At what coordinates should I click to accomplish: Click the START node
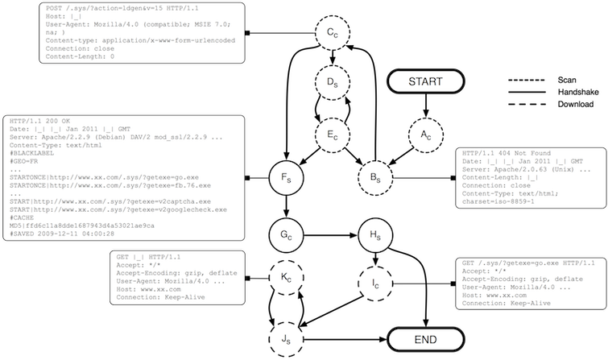[424, 82]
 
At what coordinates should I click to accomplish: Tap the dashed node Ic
[374, 285]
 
